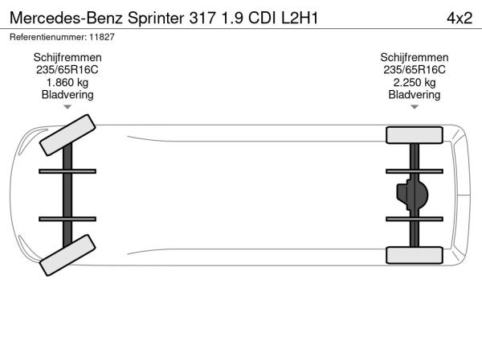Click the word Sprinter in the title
click(x=156, y=19)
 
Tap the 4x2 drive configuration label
click(x=460, y=19)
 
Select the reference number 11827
click(x=102, y=37)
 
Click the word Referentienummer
click(x=48, y=37)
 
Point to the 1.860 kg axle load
click(x=67, y=83)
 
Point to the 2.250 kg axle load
click(x=415, y=83)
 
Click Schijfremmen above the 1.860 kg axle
click(x=67, y=57)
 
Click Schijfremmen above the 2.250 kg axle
click(x=415, y=57)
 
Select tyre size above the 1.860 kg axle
click(x=67, y=70)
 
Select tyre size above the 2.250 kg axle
click(x=415, y=70)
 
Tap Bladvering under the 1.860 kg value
click(x=67, y=95)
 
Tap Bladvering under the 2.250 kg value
click(x=415, y=95)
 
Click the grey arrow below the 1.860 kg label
click(x=67, y=107)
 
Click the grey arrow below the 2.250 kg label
click(x=415, y=107)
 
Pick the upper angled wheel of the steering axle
click(x=67, y=135)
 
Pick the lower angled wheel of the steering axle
click(x=67, y=255)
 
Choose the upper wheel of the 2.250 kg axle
click(x=415, y=135)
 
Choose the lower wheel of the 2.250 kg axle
click(x=415, y=255)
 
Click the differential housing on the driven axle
click(x=412, y=195)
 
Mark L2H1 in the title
click(x=300, y=19)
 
